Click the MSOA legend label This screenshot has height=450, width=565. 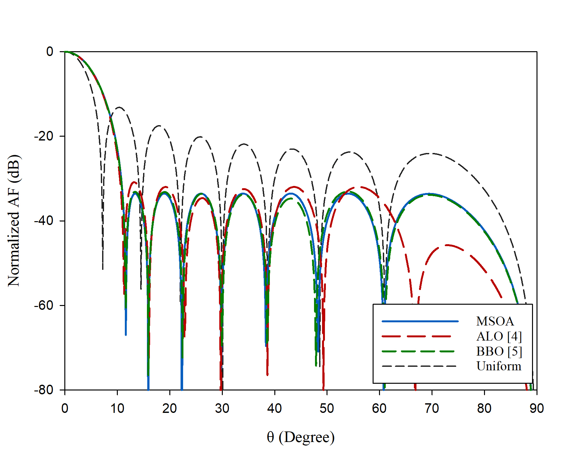pos(495,321)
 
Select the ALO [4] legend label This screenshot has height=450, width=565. pos(499,336)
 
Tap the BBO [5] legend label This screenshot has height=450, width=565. pos(499,351)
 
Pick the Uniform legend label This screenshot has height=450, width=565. pos(499,366)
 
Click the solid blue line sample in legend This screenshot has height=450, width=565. pos(420,321)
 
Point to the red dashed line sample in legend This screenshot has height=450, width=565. pos(416,336)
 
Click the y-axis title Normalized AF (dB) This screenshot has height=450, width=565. pos(14,221)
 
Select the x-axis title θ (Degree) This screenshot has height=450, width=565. pos(301,437)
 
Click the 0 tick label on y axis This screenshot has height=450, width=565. pos(50,52)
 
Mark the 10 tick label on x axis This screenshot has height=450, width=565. pos(117,409)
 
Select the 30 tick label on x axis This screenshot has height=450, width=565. pos(222,409)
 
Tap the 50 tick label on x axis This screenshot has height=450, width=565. pos(327,409)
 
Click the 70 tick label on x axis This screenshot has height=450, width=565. pos(432,409)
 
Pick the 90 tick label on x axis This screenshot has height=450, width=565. pos(537,409)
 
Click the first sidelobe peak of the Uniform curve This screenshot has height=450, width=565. pos(119,107)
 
